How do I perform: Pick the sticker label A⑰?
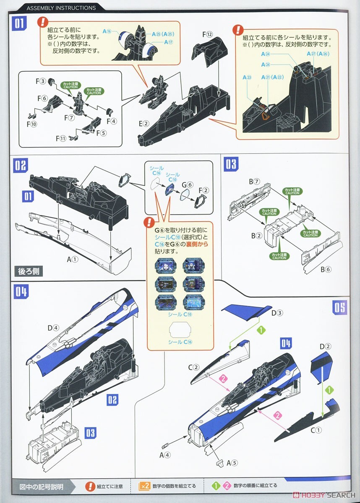tap(168, 42)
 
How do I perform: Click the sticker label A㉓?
tap(247, 78)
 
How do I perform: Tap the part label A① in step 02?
tap(73, 259)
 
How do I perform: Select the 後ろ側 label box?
tap(28, 271)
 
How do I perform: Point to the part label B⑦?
tap(254, 181)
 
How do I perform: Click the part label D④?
tap(53, 328)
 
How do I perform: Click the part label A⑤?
tap(232, 463)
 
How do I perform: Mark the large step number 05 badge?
tap(340, 308)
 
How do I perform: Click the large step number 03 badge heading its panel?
tap(231, 164)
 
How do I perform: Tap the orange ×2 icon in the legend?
tap(144, 486)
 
